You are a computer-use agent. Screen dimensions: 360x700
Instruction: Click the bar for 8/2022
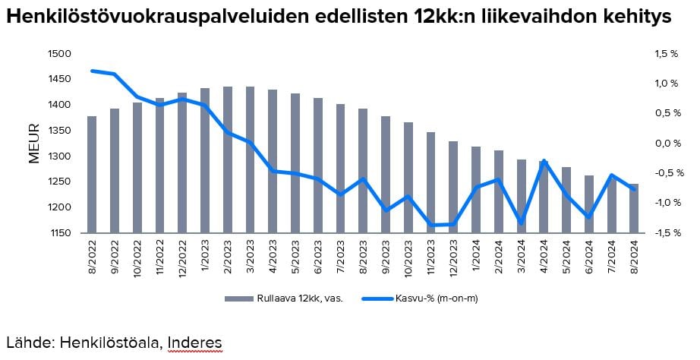92,175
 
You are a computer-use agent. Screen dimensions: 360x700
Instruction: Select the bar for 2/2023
228,159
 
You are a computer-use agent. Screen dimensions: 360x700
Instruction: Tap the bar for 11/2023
430,182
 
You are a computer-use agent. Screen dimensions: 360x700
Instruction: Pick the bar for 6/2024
588,204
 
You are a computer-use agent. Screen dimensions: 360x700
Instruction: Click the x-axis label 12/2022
182,257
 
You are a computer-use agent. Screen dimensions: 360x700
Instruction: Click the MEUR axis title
33,143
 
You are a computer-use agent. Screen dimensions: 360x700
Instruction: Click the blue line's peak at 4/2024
544,161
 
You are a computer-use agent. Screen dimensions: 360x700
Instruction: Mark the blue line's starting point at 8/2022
92,71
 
